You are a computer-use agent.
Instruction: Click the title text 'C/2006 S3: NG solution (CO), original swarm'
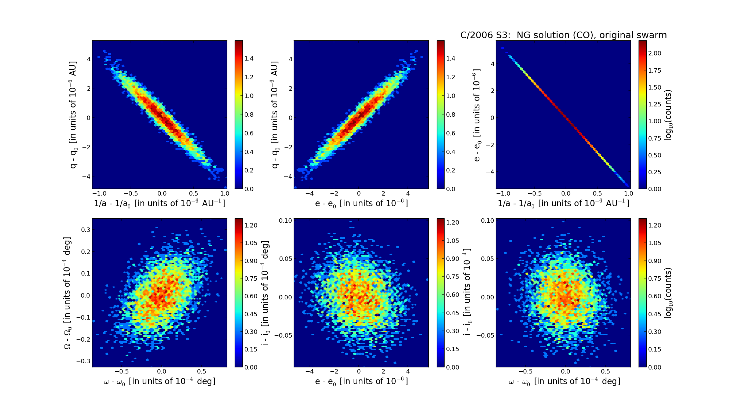563,35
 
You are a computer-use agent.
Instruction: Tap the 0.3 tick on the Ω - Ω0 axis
85,230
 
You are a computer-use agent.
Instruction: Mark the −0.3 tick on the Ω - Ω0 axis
83,361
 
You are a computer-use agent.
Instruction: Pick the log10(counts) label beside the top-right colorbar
668,115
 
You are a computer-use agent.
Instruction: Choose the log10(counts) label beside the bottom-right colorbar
668,293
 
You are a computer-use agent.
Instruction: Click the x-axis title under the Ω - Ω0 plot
160,382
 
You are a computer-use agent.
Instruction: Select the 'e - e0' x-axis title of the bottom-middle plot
361,382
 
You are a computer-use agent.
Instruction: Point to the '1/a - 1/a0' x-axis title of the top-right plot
563,203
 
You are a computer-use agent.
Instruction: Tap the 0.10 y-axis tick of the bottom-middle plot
285,221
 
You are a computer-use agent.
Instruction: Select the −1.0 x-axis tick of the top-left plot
99,193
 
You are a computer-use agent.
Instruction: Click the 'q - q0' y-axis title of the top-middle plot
275,115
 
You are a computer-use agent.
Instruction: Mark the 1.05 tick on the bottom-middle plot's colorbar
452,241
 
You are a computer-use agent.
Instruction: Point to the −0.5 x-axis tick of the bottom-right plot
525,371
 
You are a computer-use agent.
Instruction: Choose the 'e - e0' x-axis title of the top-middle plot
361,203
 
